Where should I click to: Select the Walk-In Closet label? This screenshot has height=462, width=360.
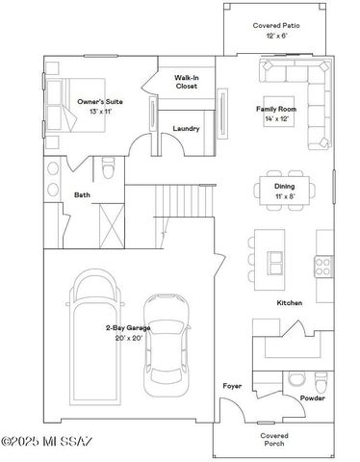click(x=187, y=82)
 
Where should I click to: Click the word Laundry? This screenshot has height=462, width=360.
click(x=186, y=128)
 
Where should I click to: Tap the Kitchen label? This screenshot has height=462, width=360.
click(x=290, y=303)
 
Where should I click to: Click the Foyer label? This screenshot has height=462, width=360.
click(x=232, y=386)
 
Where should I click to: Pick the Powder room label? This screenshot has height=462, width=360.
click(x=311, y=398)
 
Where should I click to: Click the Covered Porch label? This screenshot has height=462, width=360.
click(x=274, y=439)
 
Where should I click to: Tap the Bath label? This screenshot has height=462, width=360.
click(x=83, y=195)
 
